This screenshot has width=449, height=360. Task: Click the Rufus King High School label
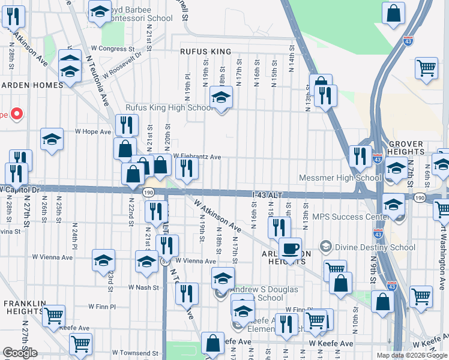169,108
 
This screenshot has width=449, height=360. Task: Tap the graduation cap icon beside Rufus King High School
221,97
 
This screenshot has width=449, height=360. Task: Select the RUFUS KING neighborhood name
205,52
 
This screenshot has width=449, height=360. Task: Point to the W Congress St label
112,49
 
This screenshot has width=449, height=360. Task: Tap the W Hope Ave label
93,131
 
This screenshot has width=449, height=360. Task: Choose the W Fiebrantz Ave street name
197,157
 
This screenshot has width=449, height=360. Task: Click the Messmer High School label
340,178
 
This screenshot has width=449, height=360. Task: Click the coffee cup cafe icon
291,248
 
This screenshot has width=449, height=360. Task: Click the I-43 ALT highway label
267,194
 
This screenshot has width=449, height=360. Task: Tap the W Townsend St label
134,353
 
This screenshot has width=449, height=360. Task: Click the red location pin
16,113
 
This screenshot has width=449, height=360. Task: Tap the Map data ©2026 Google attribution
412,355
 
